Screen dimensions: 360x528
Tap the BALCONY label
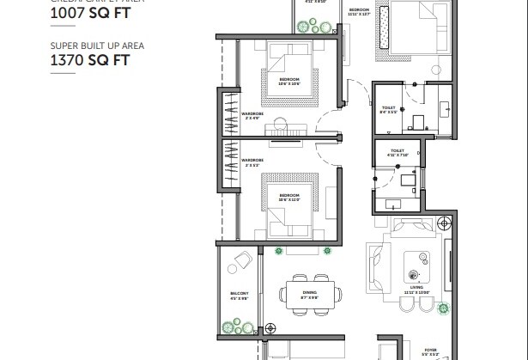click(240, 296)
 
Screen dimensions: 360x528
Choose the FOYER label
click(430, 350)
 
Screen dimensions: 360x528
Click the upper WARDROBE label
click(252, 114)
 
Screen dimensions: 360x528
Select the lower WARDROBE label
click(252, 161)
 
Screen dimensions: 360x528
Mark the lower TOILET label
click(397, 152)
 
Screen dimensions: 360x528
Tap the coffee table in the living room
click(420, 257)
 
